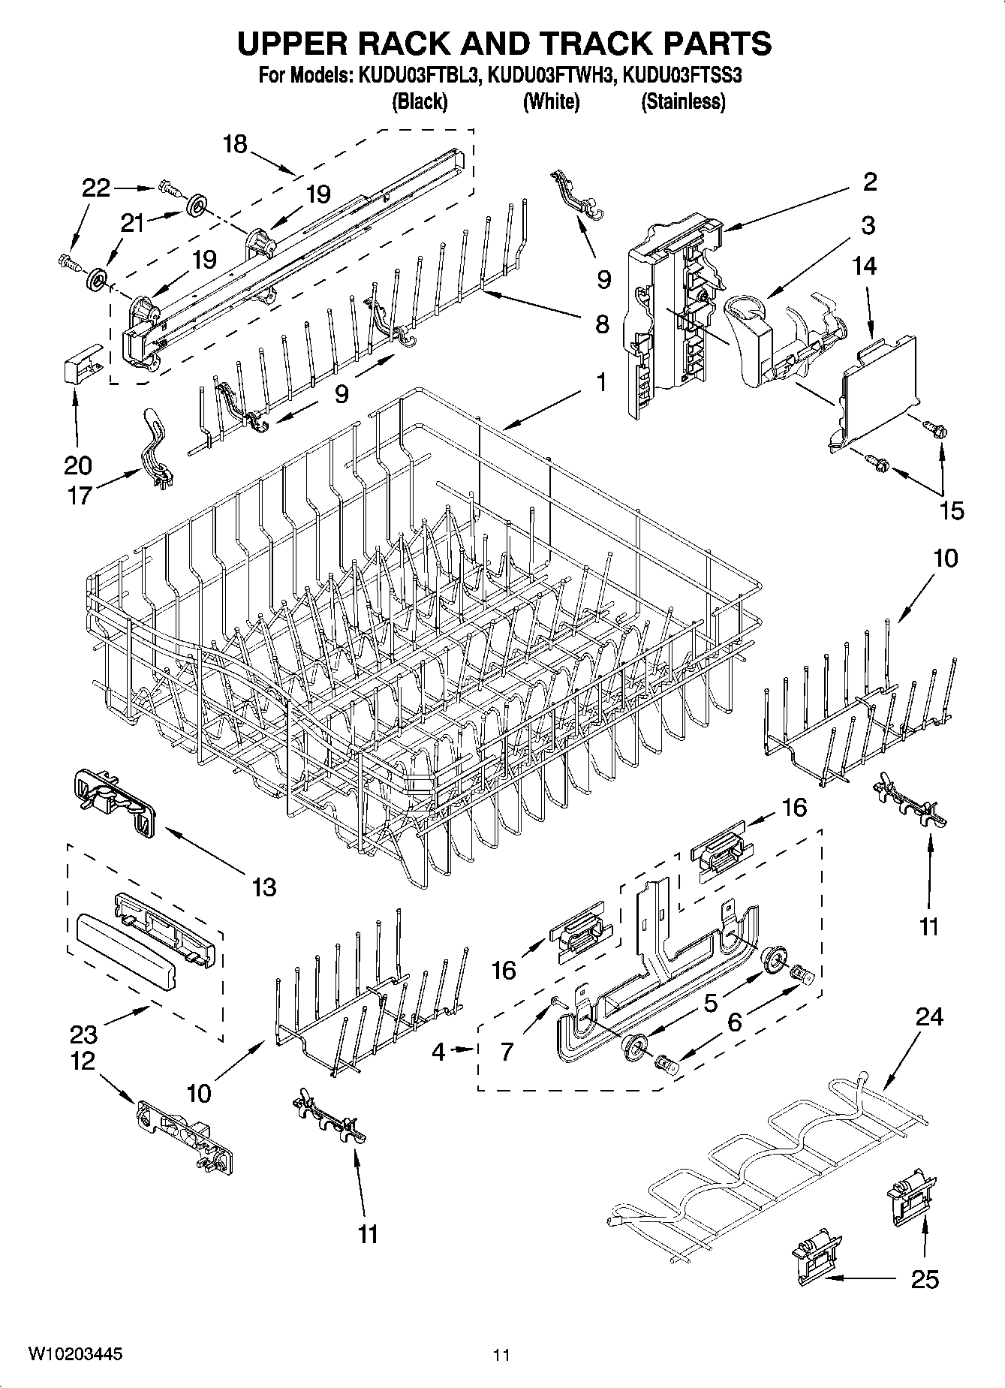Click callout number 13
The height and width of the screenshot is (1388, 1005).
[x=263, y=887]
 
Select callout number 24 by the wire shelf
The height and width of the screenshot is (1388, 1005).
[x=929, y=1016]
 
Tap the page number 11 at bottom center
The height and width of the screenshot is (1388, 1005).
[x=501, y=1355]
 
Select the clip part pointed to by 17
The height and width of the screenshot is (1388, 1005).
[x=155, y=450]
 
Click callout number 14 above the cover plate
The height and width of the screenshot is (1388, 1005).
[x=865, y=266]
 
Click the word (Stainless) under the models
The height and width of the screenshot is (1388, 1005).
[x=682, y=101]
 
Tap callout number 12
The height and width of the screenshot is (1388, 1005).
[x=83, y=1061]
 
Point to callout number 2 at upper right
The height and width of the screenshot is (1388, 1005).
[x=869, y=181]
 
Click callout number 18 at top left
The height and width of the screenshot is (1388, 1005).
[x=235, y=144]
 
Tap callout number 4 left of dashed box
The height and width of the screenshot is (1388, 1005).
[x=438, y=1052]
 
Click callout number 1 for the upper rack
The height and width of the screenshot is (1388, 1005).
[x=600, y=383]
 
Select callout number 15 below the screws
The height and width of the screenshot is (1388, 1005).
[x=951, y=510]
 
